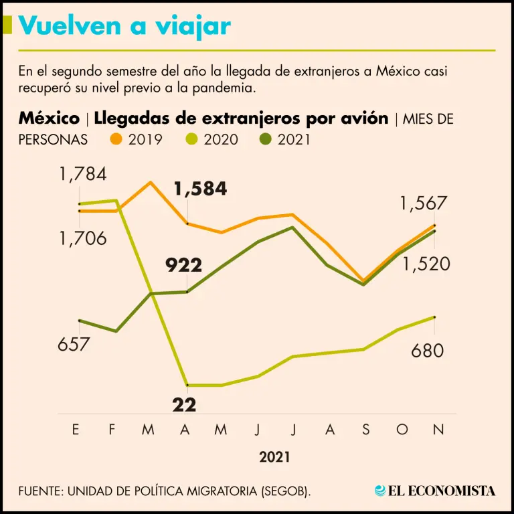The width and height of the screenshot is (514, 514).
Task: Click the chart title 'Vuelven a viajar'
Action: pos(125,26)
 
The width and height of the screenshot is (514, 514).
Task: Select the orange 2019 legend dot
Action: pos(116,139)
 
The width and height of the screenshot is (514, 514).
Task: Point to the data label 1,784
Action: pos(82,175)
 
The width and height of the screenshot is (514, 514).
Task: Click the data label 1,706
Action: pos(82,238)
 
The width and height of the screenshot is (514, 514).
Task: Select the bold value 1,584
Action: pos(200,189)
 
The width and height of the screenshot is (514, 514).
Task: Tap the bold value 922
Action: pos(183,266)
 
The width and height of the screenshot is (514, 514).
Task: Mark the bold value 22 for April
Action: pos(184,404)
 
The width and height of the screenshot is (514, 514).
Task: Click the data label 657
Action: pos(74,345)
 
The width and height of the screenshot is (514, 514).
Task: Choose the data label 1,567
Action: pos(423,204)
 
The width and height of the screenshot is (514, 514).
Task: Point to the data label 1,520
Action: pos(426,264)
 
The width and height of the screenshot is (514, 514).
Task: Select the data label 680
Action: pos(428,350)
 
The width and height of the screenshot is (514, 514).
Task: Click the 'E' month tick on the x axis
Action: pos(76,430)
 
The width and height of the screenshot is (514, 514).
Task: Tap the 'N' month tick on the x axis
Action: pos(438,430)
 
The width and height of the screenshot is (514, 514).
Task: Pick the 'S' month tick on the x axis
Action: pos(365,430)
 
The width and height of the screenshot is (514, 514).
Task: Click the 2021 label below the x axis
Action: pos(275,458)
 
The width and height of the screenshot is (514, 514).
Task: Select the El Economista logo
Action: pos(435,491)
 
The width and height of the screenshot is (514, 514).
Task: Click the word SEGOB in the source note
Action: pos(283,491)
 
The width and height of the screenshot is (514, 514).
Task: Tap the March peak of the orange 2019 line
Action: pos(151,182)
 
